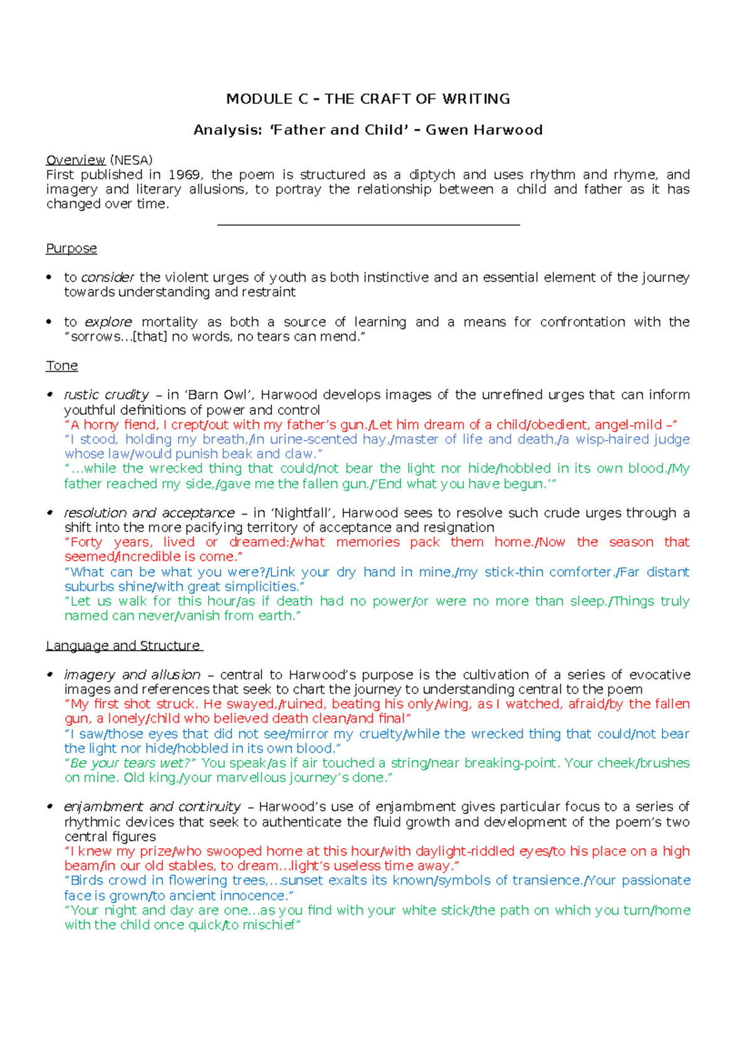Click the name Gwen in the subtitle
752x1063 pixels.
tap(447, 130)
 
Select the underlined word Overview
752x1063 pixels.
tap(75, 160)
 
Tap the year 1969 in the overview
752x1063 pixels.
tap(185, 175)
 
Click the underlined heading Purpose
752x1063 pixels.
tap(71, 249)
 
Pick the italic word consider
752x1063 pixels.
tap(108, 278)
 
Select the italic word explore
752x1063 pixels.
tap(108, 322)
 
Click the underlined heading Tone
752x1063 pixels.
tap(61, 366)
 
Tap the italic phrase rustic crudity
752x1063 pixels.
tap(107, 395)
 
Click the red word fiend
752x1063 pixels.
tap(140, 425)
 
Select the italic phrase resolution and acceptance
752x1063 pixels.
tap(149, 513)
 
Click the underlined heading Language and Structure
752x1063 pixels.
tap(123, 646)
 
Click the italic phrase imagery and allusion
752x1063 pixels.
tap(132, 675)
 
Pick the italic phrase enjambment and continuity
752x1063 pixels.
tap(152, 807)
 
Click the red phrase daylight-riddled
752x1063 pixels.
tap(456, 851)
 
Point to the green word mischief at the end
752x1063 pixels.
tap(268, 925)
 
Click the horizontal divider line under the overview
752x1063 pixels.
tap(368, 224)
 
